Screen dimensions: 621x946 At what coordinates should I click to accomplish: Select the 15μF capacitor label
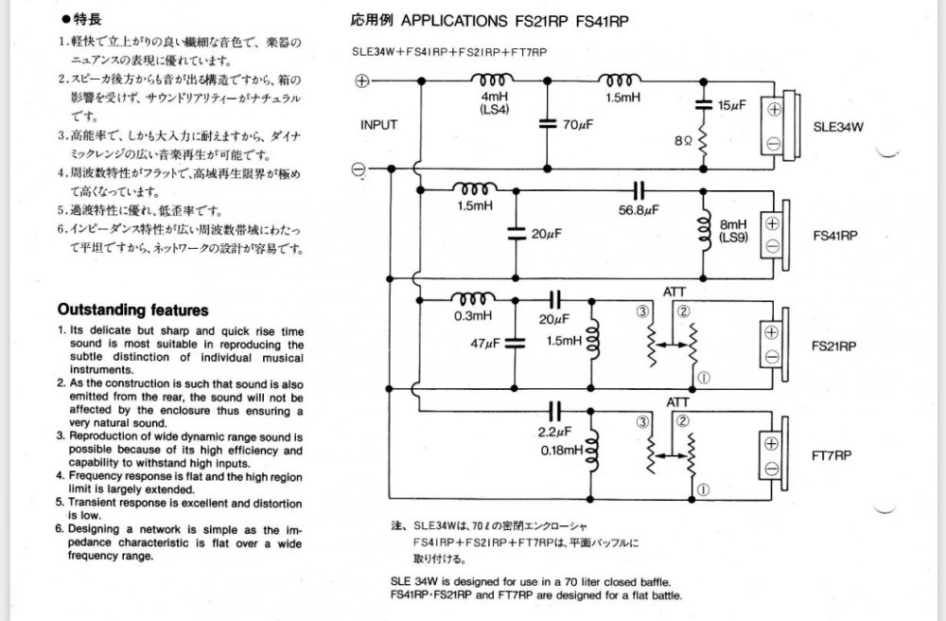click(732, 106)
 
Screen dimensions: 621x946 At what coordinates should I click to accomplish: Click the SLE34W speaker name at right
click(838, 127)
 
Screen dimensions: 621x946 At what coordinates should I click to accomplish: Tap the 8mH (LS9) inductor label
click(733, 231)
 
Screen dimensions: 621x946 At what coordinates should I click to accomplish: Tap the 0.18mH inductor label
click(562, 451)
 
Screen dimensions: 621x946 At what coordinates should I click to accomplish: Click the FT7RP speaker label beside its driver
click(832, 455)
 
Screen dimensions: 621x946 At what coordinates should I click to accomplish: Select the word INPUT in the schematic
click(378, 125)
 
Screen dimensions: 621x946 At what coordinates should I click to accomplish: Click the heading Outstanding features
click(133, 310)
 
